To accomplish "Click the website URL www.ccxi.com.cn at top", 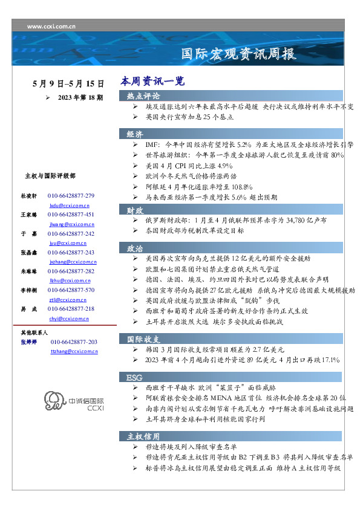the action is tap(51, 27).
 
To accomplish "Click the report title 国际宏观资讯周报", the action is tap(240, 54).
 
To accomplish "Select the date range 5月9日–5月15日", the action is tap(68, 84).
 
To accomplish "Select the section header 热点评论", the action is tap(143, 96).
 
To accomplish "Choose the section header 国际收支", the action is tap(143, 339).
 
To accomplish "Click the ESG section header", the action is tap(134, 377).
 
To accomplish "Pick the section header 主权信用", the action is tap(143, 436).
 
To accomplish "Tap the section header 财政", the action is tap(135, 210).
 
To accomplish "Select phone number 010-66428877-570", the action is tap(71, 290).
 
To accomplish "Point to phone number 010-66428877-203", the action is tap(74, 342).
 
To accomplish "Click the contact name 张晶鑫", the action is tap(30, 252).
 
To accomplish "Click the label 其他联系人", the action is tap(34, 332).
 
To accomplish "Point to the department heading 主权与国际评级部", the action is tap(50, 176).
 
